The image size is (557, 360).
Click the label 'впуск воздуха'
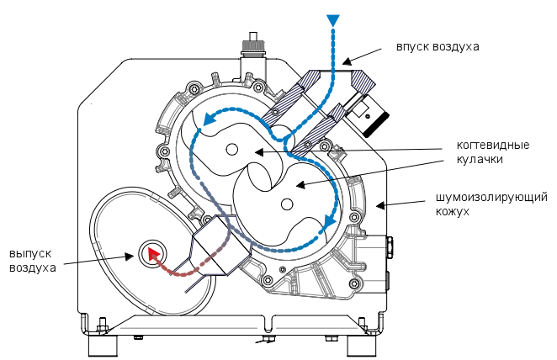(438, 46)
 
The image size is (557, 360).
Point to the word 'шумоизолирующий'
(491, 198)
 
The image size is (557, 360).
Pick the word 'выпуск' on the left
(32, 253)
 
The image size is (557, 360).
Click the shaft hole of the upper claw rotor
(231, 149)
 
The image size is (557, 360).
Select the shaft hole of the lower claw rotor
(287, 204)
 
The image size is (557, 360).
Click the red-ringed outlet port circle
(152, 251)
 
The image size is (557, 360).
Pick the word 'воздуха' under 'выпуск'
(33, 268)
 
